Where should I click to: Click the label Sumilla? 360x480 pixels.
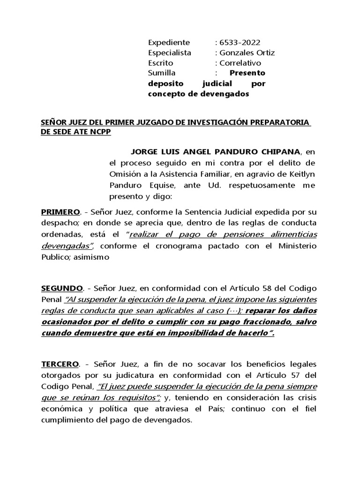(x=162, y=73)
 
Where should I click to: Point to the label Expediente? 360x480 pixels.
(x=169, y=42)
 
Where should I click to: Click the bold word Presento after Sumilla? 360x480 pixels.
(x=247, y=73)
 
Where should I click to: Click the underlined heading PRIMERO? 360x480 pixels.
(x=61, y=212)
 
